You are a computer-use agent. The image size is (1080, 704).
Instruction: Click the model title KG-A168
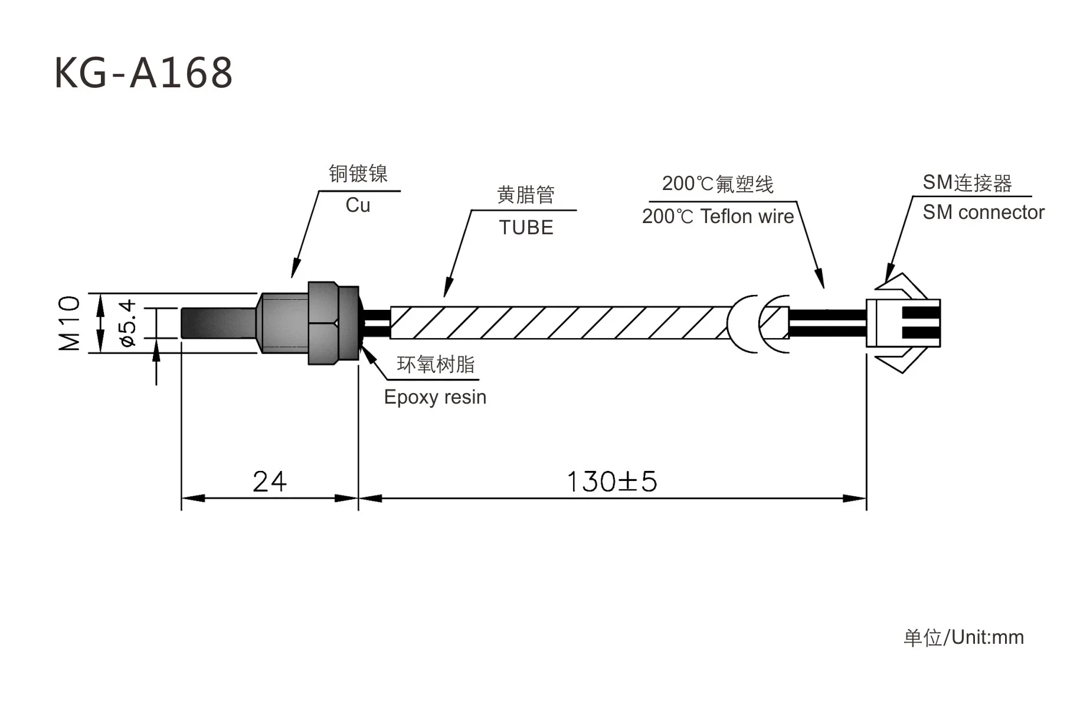point(143,73)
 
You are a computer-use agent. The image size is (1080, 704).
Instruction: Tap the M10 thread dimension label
point(70,323)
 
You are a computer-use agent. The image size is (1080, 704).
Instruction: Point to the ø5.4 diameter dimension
point(127,323)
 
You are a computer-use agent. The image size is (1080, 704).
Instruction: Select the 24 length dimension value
point(269,482)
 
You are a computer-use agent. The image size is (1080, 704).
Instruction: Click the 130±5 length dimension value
point(611,482)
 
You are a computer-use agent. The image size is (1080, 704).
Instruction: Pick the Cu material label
point(358,205)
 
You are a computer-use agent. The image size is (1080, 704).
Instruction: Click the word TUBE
point(526,228)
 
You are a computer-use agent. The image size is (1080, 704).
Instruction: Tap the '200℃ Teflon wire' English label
point(718,217)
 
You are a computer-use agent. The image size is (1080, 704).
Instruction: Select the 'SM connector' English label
point(983,212)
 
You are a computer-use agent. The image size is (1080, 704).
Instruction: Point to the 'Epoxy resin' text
point(435,397)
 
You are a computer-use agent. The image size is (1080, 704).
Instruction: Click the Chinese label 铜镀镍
point(358,173)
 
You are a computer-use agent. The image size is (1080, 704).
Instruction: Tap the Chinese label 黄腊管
point(526,195)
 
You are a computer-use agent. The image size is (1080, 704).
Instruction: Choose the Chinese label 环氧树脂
point(436,365)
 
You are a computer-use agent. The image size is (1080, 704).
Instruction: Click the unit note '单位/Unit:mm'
point(963,637)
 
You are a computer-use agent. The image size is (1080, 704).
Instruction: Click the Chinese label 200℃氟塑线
point(717,184)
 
